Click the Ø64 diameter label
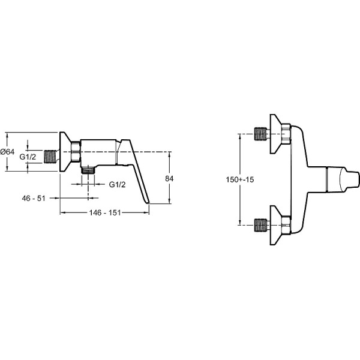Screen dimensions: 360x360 click(7, 152)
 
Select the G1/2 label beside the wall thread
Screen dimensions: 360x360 click(28, 157)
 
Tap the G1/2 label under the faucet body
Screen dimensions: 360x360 click(118, 185)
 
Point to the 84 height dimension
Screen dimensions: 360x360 click(169, 179)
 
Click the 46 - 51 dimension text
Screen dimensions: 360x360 click(34, 199)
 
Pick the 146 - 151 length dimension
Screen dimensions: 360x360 click(105, 213)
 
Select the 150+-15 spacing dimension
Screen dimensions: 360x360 click(240, 179)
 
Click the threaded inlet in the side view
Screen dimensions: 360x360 click(50, 157)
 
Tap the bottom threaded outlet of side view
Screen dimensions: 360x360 click(88, 170)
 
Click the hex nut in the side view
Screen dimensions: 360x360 click(76, 152)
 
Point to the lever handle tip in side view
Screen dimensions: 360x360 click(148, 203)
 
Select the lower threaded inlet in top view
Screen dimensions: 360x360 click(262, 225)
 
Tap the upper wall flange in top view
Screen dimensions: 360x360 click(276, 134)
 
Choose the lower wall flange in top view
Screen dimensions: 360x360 click(276, 226)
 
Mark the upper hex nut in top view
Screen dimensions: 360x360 click(286, 134)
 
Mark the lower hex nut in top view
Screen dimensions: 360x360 click(286, 225)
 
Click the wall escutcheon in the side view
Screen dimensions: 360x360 click(65, 152)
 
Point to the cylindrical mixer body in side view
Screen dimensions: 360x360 click(98, 152)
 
